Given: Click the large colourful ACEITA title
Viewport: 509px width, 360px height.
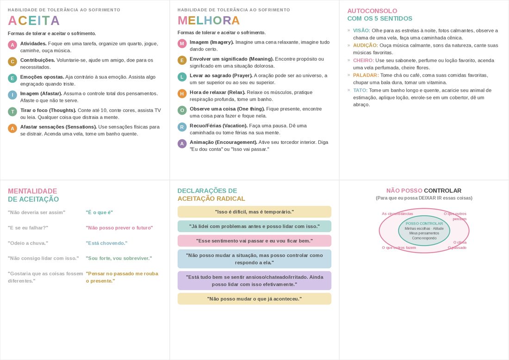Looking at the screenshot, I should pos(34,21).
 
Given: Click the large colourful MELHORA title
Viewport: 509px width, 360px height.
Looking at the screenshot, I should pos(209,21).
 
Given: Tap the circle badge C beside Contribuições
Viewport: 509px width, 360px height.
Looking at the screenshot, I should pos(12,62).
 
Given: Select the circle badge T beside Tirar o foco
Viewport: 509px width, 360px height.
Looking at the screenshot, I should pos(12,112).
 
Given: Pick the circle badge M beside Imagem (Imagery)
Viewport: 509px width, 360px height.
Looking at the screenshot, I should pos(182,43).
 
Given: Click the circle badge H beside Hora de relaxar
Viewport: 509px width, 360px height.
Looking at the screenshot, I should pos(182,93).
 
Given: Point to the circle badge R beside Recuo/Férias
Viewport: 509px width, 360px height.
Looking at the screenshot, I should pos(182,127).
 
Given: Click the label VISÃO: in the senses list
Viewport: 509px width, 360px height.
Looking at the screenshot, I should pos(361,31).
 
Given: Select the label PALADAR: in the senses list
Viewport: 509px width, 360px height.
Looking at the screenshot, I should pos(366,75).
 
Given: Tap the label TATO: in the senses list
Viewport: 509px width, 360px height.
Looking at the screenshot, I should pos(360,90).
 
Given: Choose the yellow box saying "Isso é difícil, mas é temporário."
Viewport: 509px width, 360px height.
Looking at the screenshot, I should pos(254,212).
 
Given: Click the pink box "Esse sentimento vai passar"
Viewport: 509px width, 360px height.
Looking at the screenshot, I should pos(254,241).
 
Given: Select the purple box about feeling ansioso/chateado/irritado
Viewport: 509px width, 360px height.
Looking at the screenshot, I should pos(254,281).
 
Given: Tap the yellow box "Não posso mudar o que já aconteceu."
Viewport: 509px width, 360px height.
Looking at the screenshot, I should pos(254,299).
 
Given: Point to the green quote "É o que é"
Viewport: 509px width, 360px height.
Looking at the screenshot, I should pos(99,212).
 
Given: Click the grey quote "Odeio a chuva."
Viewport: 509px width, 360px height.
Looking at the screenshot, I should pos(28,243).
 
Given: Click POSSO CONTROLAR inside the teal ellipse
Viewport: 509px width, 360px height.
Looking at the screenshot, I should pos(424,223).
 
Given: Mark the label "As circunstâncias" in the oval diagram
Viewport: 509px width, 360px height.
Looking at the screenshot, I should pos(397,214).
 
